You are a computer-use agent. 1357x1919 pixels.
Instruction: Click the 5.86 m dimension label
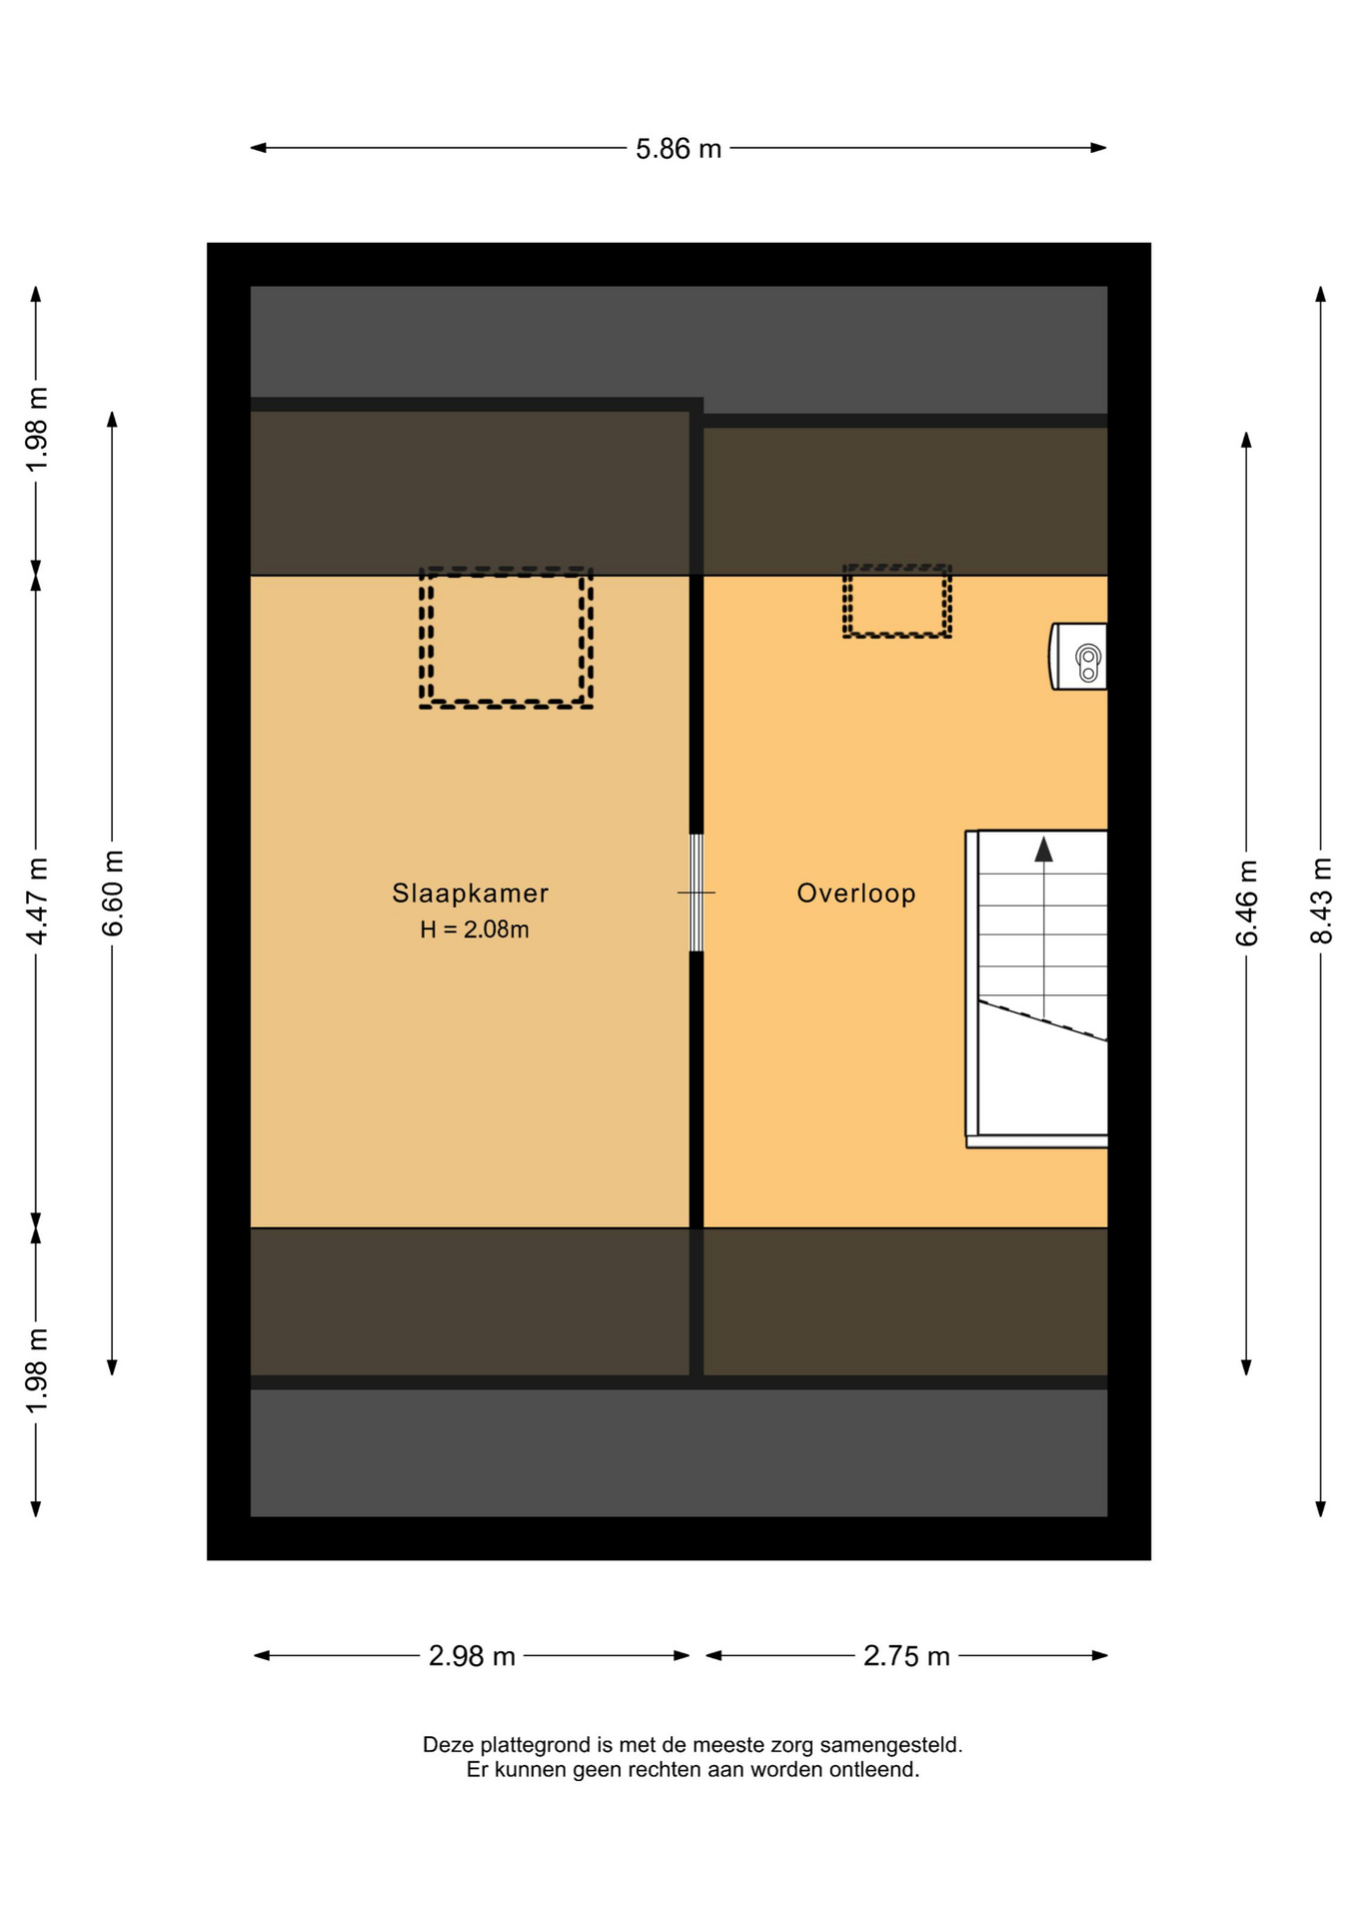[678, 149]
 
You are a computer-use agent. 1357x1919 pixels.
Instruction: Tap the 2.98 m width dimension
[472, 1656]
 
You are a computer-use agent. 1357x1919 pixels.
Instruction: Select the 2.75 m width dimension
[906, 1656]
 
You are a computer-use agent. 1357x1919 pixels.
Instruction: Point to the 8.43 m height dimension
[1321, 901]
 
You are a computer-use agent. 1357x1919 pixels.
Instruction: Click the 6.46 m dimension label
[1246, 903]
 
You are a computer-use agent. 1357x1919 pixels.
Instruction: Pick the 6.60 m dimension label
[112, 894]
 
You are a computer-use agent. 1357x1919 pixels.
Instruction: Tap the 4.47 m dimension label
[36, 901]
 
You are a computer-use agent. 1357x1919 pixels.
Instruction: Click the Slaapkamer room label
[471, 893]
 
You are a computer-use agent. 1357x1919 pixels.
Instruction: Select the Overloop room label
[856, 893]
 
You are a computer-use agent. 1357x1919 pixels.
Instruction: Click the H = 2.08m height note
[475, 930]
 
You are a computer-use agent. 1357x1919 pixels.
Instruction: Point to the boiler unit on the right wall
[1078, 657]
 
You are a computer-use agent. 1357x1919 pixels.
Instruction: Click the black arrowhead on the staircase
[1043, 850]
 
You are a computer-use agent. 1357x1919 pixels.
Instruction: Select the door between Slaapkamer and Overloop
[696, 893]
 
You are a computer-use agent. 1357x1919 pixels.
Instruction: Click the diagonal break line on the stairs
[1043, 1020]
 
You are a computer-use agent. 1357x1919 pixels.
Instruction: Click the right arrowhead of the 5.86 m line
[1098, 148]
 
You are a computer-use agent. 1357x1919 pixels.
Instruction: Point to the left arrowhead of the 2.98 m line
[263, 1656]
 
